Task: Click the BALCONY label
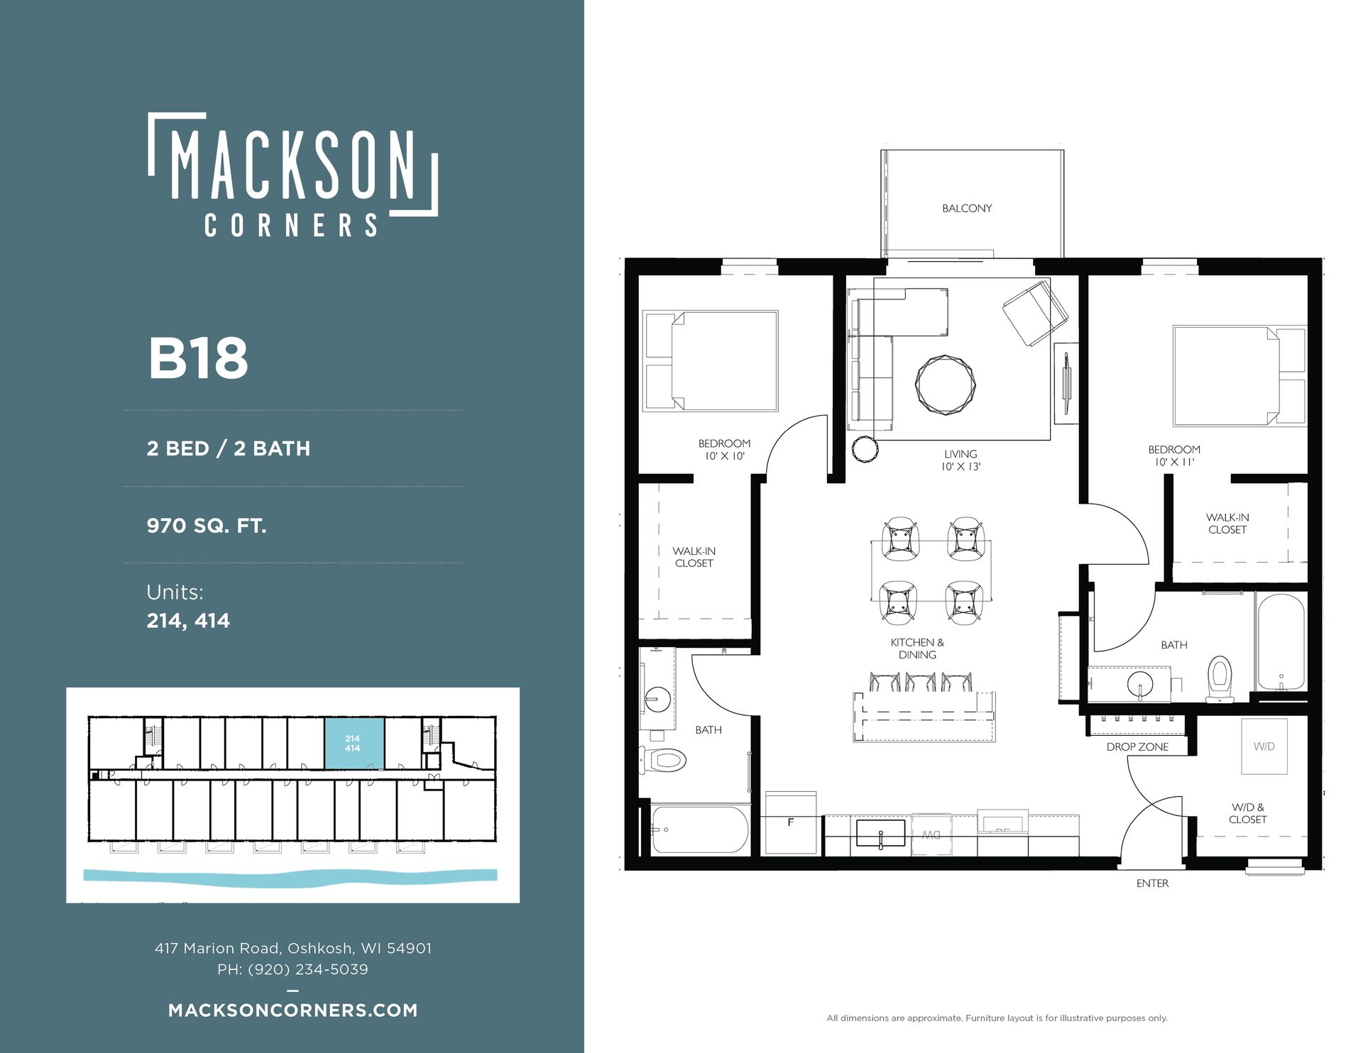967,208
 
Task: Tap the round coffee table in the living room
945,384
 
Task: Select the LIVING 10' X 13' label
960,460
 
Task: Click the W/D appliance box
1264,746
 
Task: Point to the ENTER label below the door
1152,883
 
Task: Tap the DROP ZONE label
1137,746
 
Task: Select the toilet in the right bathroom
1220,679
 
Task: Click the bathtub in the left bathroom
699,829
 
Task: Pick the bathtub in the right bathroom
1281,642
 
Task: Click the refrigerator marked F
790,822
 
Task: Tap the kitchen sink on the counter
880,833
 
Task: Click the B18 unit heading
198,358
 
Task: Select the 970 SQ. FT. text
207,526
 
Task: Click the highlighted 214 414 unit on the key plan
354,743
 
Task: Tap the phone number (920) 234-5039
307,969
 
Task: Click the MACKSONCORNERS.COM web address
293,1010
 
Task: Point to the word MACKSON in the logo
293,164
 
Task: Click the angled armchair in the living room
1035,313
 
